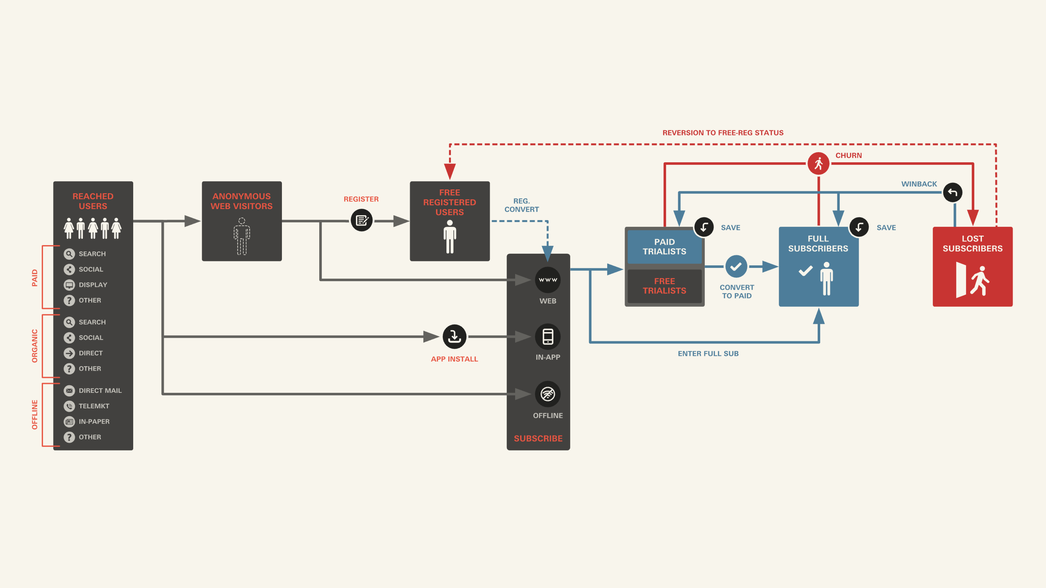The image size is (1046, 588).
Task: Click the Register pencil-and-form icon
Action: (x=361, y=220)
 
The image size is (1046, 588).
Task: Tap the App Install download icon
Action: (x=454, y=336)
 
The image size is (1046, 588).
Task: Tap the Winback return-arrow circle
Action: (x=953, y=192)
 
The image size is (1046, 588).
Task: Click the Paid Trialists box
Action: (x=664, y=247)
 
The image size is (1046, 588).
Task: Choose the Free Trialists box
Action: (x=664, y=286)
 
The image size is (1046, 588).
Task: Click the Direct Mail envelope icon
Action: (x=69, y=390)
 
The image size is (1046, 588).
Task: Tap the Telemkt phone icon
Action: (x=69, y=406)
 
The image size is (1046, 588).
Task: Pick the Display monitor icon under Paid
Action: (x=69, y=285)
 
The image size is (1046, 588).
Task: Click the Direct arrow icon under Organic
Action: (x=69, y=353)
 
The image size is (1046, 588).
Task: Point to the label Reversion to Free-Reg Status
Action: (x=723, y=133)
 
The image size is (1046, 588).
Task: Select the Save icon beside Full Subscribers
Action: (x=859, y=227)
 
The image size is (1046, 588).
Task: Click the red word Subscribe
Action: (x=538, y=438)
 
